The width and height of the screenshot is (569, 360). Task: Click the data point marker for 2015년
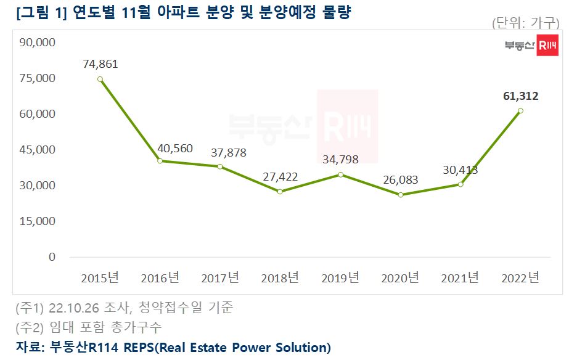(100, 79)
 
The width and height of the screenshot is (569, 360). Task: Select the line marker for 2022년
(521, 111)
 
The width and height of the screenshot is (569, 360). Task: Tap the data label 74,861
(100, 63)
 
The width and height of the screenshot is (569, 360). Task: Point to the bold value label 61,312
(521, 96)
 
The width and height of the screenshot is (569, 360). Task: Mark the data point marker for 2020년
(401, 195)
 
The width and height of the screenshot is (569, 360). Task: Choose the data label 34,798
(340, 160)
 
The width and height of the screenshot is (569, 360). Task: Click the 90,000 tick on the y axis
(38, 43)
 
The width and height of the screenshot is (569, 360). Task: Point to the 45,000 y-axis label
(38, 150)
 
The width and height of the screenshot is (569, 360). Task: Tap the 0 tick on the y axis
(52, 256)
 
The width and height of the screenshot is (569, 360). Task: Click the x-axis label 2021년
(461, 278)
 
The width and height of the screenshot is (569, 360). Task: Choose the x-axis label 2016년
(159, 278)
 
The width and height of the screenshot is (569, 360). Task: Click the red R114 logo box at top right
(547, 46)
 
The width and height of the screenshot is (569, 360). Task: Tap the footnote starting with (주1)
(124, 307)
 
